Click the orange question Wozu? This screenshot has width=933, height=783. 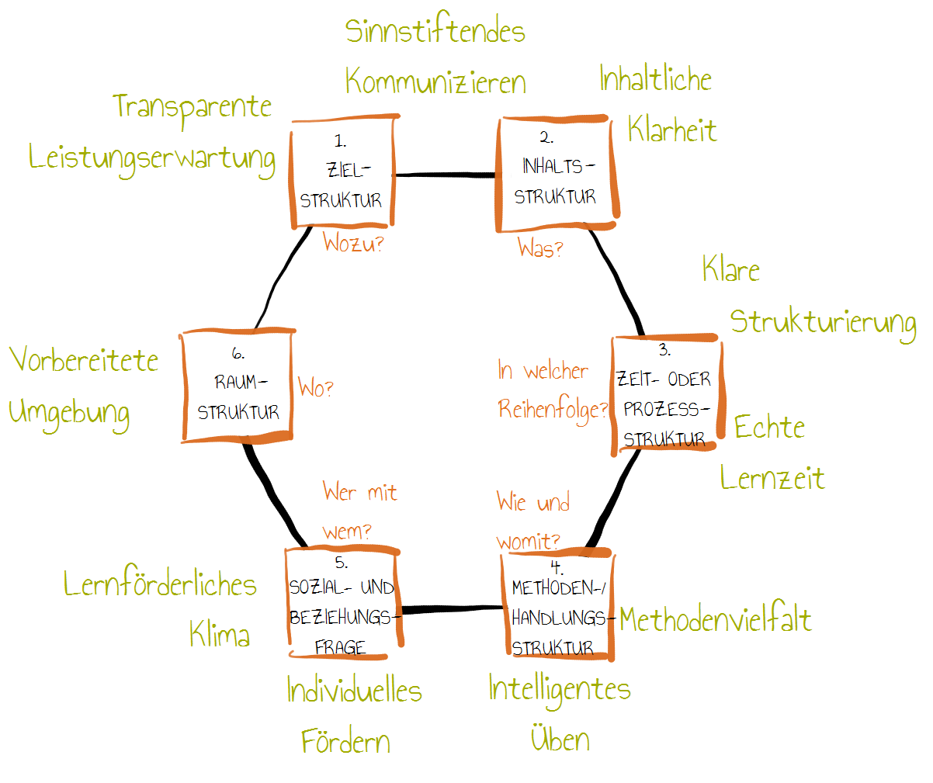pos(353,244)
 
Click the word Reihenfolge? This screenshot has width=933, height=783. pos(553,410)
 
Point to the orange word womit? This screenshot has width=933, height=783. pos(528,542)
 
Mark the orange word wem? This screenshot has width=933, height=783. pos(347,532)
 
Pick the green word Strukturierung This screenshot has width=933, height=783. pos(823,324)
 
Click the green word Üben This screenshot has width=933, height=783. pos(560,737)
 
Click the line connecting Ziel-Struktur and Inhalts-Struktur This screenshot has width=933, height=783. pos(446,175)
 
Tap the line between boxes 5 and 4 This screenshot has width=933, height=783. pos(453,609)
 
